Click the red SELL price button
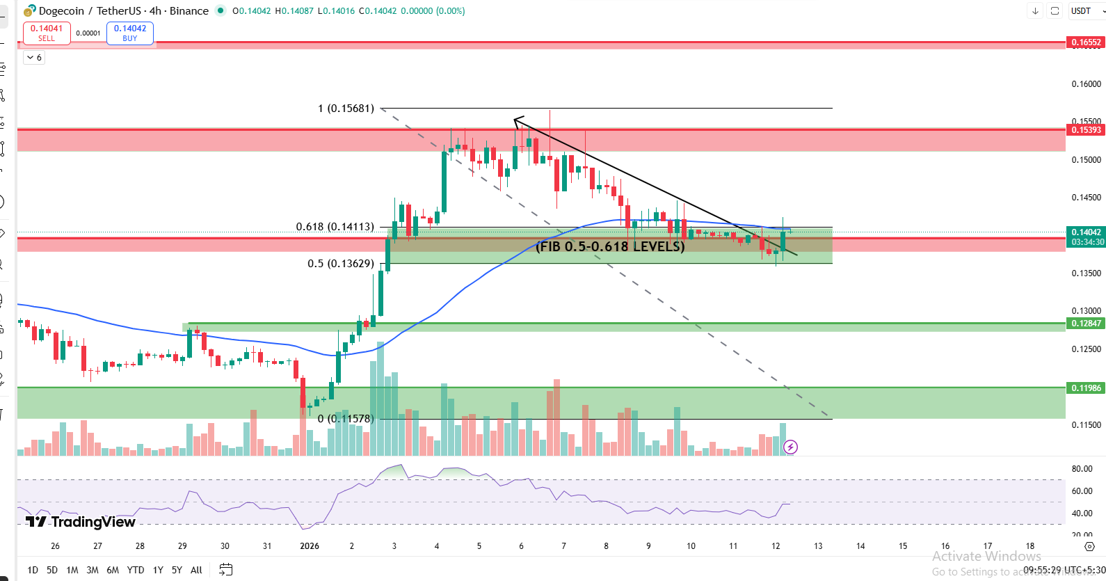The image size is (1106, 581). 47,33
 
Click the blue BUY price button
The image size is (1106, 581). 130,33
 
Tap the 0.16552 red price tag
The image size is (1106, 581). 1085,42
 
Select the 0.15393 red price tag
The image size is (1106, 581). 1085,130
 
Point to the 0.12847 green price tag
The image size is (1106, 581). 1085,324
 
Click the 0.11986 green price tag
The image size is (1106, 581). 1085,388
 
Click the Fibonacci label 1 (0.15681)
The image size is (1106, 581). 346,109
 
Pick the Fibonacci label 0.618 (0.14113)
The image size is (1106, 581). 335,227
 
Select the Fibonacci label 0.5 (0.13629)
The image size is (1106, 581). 340,264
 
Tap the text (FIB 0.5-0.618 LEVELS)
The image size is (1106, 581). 610,246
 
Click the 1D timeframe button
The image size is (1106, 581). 33,570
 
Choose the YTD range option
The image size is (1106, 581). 136,570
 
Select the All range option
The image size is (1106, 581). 196,570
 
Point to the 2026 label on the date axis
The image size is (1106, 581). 310,546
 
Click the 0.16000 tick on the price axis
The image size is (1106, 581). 1086,84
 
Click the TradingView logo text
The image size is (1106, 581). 81,522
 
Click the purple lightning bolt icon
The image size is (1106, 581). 790,447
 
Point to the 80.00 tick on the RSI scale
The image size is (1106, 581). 1082,469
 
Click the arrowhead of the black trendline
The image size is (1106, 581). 515,121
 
